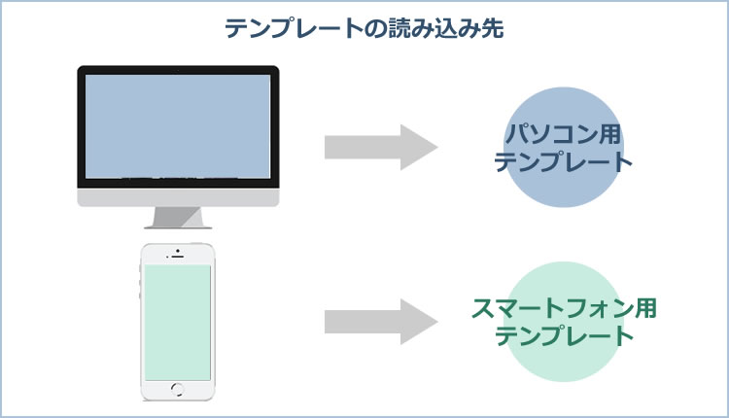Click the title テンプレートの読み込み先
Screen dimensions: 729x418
point(364,28)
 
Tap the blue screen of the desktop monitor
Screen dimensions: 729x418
point(178,126)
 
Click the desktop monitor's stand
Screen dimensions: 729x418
point(178,218)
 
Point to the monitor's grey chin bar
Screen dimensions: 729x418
point(178,197)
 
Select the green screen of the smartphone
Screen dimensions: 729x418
point(178,323)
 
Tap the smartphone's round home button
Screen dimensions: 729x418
point(178,389)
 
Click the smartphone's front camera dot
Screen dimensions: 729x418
point(178,252)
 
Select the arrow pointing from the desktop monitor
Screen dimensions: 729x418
point(381,147)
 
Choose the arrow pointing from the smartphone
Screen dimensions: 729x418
point(381,322)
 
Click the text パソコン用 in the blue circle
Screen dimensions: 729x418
point(564,134)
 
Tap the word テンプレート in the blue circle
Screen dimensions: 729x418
point(564,161)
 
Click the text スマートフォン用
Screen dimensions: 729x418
point(564,308)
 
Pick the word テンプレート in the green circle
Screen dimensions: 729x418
point(565,336)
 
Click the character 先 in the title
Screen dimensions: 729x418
point(493,28)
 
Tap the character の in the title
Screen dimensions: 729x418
point(375,29)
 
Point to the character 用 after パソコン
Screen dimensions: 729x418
point(610,134)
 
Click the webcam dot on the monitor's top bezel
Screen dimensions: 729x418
point(178,70)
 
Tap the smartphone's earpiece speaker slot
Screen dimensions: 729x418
point(178,257)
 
